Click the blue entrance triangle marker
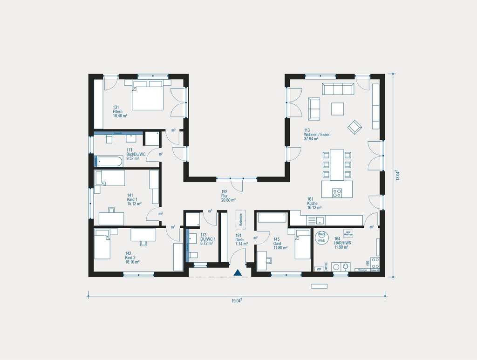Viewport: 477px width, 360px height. [x=238, y=272]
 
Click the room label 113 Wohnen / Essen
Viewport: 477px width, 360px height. [x=317, y=135]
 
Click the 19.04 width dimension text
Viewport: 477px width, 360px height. [x=237, y=301]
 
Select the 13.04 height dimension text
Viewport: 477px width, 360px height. [x=397, y=175]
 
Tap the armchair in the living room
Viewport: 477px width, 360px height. [x=355, y=126]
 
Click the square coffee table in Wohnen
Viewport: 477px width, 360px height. [x=338, y=109]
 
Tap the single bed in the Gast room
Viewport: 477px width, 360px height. [x=302, y=245]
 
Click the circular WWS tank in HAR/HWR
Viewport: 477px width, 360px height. [x=321, y=237]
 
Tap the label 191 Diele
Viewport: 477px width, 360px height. [x=240, y=240]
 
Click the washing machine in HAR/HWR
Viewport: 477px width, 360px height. [x=345, y=267]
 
